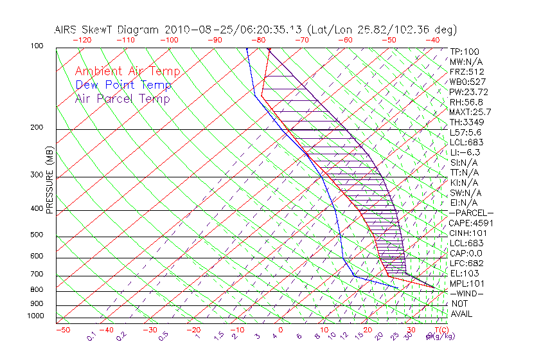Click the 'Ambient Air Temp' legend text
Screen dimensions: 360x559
127,71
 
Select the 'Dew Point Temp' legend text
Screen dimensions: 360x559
123,85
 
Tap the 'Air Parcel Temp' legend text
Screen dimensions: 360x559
123,98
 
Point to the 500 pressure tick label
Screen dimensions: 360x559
37,235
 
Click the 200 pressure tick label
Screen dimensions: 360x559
37,128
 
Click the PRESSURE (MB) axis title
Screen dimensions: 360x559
50,179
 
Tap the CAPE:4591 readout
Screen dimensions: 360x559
472,223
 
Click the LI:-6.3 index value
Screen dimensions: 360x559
465,152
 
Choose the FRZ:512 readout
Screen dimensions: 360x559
467,71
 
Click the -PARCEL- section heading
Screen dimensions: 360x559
472,213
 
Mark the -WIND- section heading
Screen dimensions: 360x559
467,294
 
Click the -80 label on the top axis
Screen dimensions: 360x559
259,40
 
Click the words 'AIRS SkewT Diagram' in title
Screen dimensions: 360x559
107,30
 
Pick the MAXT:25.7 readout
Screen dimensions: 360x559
472,112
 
